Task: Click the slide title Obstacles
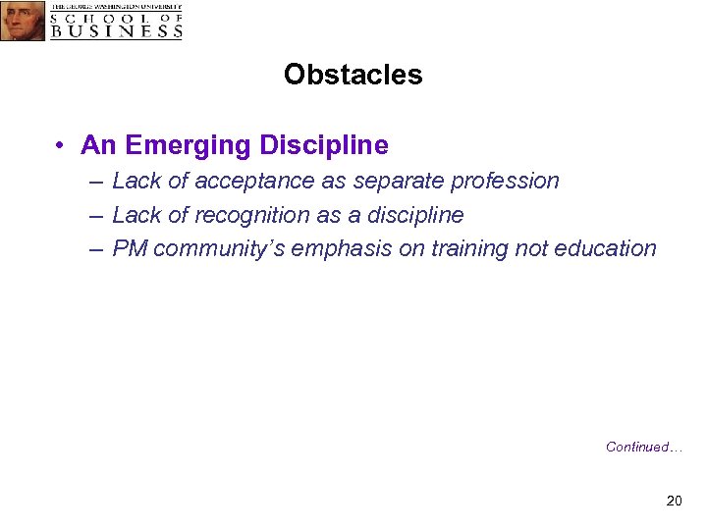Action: click(353, 75)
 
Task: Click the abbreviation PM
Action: click(131, 248)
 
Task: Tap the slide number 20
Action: click(674, 502)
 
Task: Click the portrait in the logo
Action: click(23, 21)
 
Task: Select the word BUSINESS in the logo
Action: click(117, 30)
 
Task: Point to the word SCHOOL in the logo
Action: click(102, 18)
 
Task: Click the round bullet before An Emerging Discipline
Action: click(61, 146)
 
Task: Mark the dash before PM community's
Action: click(94, 249)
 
